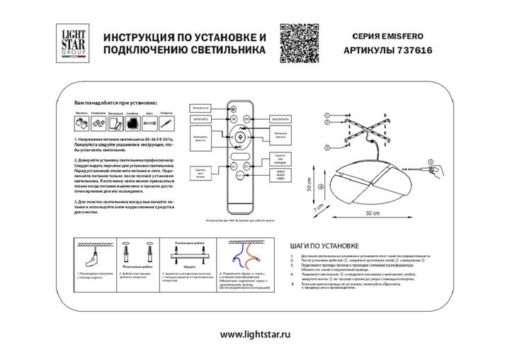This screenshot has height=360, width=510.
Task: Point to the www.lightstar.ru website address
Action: (256, 334)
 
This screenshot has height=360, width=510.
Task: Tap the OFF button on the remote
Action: (246, 120)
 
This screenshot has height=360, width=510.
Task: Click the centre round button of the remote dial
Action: (237, 136)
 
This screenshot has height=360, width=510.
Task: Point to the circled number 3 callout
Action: (327, 147)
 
